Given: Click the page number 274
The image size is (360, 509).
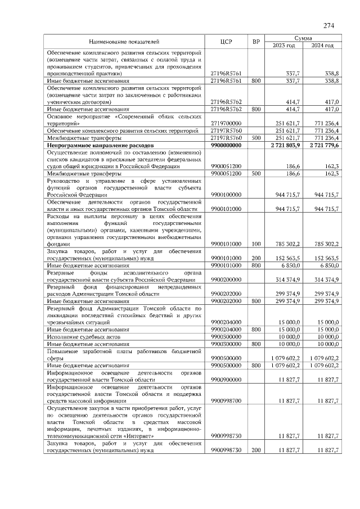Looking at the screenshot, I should [329, 26].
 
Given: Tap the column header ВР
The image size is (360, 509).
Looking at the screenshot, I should [256, 42].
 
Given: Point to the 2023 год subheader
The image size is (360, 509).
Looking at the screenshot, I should [283, 46].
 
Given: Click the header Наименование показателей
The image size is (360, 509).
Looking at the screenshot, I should [124, 42].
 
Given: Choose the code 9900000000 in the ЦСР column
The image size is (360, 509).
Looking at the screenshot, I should [226, 145].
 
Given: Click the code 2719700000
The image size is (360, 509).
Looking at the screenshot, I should [226, 123].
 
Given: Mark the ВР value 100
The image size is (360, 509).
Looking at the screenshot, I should [256, 244].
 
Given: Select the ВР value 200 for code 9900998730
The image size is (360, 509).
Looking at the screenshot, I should [256, 451].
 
